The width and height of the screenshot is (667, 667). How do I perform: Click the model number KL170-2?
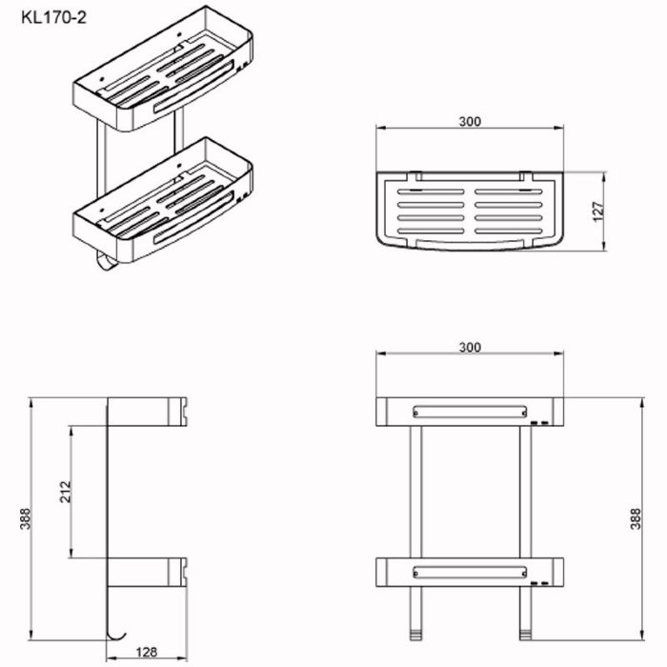(x=54, y=18)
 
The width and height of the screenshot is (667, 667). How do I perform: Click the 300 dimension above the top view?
(x=470, y=122)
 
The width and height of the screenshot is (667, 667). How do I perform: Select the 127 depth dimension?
(x=598, y=212)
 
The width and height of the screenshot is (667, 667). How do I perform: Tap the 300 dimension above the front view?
(x=470, y=348)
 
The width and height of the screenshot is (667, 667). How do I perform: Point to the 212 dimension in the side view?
(x=66, y=492)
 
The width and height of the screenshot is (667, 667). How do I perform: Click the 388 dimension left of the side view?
(x=26, y=518)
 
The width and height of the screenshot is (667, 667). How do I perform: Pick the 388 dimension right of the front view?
(x=636, y=518)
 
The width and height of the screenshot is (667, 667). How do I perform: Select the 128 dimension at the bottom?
(x=146, y=652)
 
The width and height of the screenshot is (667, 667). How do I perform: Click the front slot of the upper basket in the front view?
(x=470, y=412)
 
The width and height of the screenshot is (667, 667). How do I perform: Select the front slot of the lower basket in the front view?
(x=470, y=573)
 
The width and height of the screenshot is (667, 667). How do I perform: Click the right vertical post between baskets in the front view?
(x=525, y=492)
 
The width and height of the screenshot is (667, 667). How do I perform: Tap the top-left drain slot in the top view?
(x=431, y=192)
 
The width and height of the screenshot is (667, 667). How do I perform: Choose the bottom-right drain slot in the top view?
(x=509, y=232)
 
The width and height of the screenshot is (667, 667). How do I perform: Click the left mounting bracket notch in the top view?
(x=414, y=175)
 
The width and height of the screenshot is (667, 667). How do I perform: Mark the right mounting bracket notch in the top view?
(x=525, y=175)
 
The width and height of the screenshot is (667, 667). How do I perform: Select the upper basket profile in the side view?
(x=147, y=412)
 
